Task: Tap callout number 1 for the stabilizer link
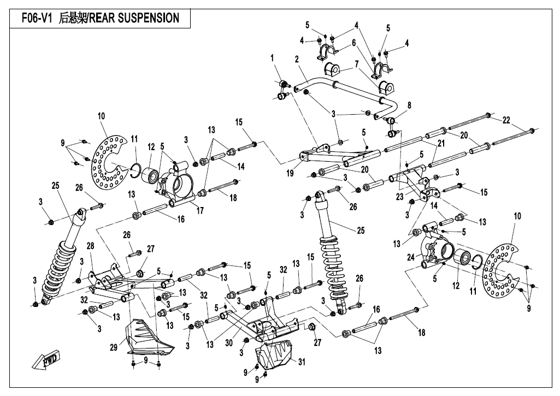click(272, 58)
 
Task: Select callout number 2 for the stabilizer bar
click(296, 59)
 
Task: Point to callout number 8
click(409, 104)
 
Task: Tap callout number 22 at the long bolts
click(506, 120)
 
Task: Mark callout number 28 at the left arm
click(90, 246)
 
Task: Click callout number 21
click(440, 143)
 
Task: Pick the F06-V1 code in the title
click(37, 18)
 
